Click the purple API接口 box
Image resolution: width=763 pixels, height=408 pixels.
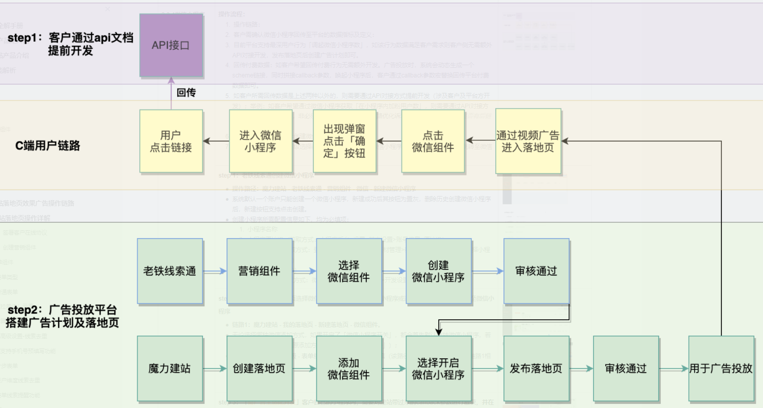point(171,45)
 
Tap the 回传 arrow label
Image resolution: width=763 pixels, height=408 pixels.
point(186,93)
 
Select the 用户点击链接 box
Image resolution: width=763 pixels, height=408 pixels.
point(171,141)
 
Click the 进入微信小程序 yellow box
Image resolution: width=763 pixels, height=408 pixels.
point(260,141)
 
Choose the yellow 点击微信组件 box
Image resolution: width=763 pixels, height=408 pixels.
point(433,141)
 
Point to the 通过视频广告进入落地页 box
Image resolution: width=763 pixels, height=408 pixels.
point(528,141)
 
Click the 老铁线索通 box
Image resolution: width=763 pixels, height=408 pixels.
point(170,271)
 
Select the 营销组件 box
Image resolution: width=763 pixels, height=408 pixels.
point(259,271)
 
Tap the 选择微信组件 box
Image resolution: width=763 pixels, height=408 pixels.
point(349,271)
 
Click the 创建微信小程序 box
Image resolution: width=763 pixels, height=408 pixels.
point(438,271)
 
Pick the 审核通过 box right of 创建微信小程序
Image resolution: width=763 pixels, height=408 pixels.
point(536,271)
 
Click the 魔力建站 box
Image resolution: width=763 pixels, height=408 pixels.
point(170,368)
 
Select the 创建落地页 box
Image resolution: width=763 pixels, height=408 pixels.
point(259,368)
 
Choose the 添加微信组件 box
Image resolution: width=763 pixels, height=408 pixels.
point(349,368)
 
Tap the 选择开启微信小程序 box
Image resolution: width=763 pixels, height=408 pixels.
point(438,368)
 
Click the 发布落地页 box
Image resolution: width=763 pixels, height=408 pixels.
point(536,368)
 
